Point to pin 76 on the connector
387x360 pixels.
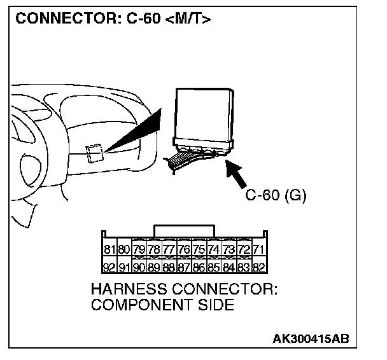click(184, 249)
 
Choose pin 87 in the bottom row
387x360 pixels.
click(184, 267)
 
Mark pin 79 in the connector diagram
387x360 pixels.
click(139, 249)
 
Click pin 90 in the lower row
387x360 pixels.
click(139, 267)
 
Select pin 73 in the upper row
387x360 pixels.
click(229, 249)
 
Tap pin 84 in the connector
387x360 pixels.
click(229, 267)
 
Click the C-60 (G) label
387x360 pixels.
click(276, 195)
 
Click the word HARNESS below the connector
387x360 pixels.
click(127, 290)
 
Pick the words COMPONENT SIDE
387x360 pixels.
click(163, 305)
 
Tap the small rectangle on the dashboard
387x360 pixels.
click(94, 153)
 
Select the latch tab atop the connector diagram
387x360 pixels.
click(185, 230)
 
